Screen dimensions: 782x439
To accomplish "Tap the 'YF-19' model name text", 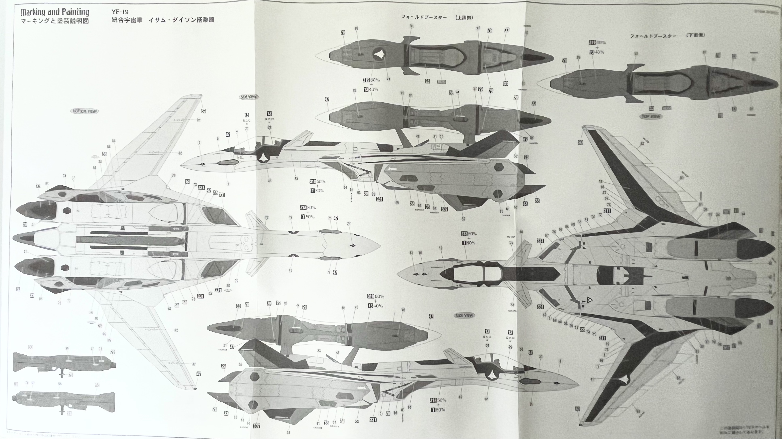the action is (120, 12).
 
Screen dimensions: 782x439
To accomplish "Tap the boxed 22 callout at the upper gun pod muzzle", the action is (113, 352).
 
